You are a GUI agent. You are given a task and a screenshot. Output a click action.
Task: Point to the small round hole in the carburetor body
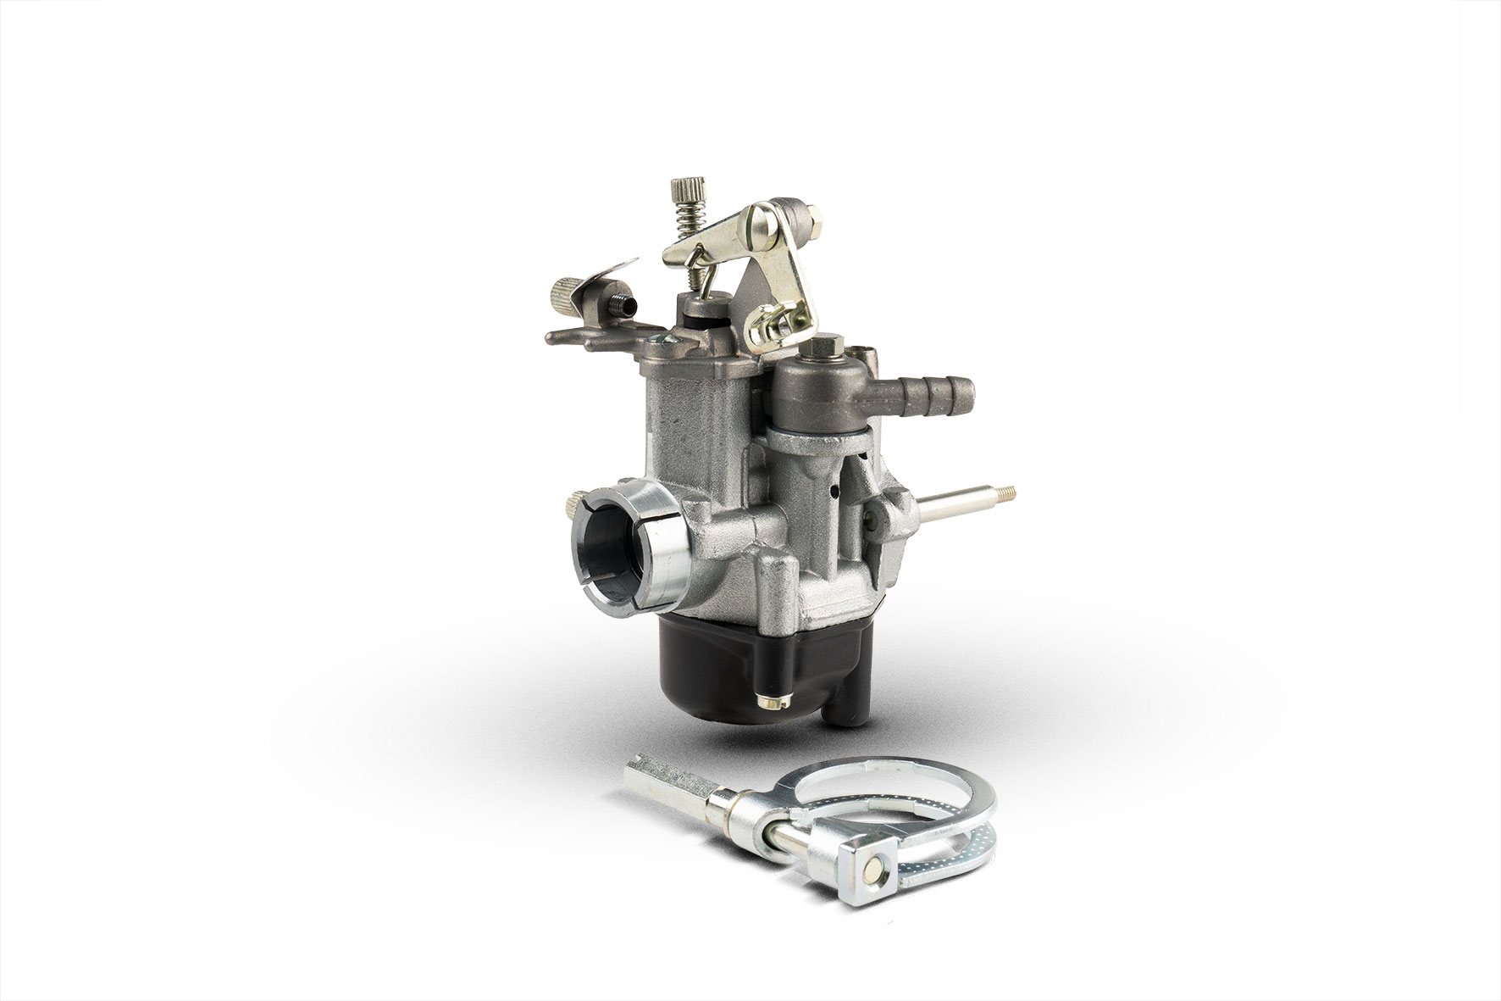tap(834, 488)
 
